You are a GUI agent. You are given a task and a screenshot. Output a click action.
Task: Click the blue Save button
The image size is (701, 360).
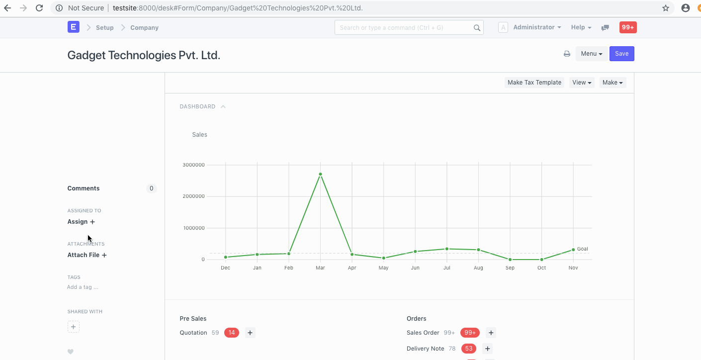tap(621, 54)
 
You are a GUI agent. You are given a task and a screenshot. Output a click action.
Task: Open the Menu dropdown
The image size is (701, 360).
tap(592, 54)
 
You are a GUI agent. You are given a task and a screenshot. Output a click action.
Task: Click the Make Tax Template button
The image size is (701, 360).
tap(534, 83)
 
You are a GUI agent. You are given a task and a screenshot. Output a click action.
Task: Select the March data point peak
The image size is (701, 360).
tap(320, 174)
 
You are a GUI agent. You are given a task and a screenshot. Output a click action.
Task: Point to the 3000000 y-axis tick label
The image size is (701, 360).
tap(193, 165)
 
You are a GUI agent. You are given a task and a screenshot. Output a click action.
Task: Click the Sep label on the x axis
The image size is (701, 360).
tap(510, 268)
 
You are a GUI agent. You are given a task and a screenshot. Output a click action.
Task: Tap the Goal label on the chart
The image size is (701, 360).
tap(582, 249)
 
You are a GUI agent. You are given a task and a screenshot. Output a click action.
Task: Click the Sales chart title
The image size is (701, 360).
tap(199, 135)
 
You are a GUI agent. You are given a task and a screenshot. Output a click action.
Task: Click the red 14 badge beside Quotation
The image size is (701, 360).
tap(232, 333)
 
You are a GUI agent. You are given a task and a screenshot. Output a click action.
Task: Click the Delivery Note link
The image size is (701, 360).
tap(425, 349)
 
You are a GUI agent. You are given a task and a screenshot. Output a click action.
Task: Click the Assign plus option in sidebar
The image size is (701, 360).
tap(81, 222)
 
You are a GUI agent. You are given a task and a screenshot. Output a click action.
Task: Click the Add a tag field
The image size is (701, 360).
tap(83, 287)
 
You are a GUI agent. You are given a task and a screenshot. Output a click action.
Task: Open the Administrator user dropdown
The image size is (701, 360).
tap(537, 27)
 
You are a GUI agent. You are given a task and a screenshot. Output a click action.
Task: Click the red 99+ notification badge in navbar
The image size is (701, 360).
tap(628, 27)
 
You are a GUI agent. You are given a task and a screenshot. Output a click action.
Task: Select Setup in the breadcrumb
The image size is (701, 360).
tap(104, 27)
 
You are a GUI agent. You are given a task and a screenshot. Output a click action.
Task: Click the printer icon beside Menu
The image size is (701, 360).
tap(567, 54)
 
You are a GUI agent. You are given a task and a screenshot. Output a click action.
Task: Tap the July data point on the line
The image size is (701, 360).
tap(446, 249)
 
